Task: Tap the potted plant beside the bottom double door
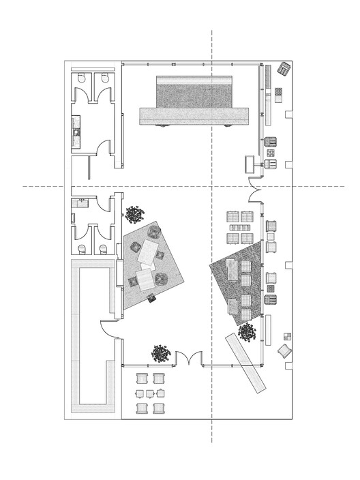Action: point(161,353)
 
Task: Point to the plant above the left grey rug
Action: point(133,215)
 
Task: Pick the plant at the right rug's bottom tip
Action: point(247,333)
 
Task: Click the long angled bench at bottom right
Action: point(245,363)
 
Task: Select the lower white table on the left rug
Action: point(145,280)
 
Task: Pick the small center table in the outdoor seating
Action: point(151,393)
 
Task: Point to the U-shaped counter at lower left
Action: point(90,341)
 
